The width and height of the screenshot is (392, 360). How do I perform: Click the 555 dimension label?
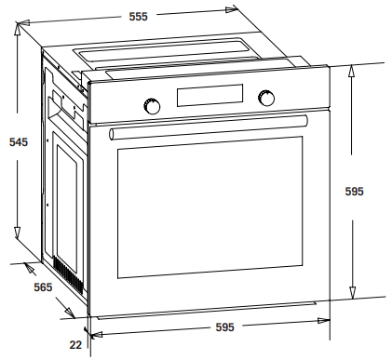[x=139, y=17]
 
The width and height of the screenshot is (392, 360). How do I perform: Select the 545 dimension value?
[x=19, y=142]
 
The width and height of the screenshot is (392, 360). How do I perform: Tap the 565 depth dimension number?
[x=43, y=287]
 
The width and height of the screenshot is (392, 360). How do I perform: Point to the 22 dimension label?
[x=75, y=345]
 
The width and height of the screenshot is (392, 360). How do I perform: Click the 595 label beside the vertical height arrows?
[x=354, y=192]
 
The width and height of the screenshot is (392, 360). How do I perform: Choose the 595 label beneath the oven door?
[x=224, y=327]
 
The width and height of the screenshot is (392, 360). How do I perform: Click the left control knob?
[x=152, y=106]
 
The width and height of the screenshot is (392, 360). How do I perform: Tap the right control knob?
[x=266, y=98]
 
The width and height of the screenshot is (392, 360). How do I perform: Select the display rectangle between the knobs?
[x=210, y=95]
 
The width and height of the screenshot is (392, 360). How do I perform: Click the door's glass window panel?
[x=210, y=207]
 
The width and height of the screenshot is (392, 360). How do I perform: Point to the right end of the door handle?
[x=305, y=120]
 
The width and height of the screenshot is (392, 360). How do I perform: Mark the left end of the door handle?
[x=112, y=134]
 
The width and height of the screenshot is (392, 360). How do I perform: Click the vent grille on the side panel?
[x=69, y=275]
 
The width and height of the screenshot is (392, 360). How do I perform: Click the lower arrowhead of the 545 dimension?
[x=17, y=233]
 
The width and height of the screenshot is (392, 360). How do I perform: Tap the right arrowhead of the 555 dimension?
[x=232, y=9]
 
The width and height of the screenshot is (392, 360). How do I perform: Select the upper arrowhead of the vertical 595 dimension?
[x=351, y=71]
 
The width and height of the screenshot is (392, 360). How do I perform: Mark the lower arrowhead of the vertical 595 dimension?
[x=352, y=293]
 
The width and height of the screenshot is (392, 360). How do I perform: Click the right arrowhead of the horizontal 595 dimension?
[x=323, y=321]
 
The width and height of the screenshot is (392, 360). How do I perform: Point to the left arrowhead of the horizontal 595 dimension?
[x=96, y=335]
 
